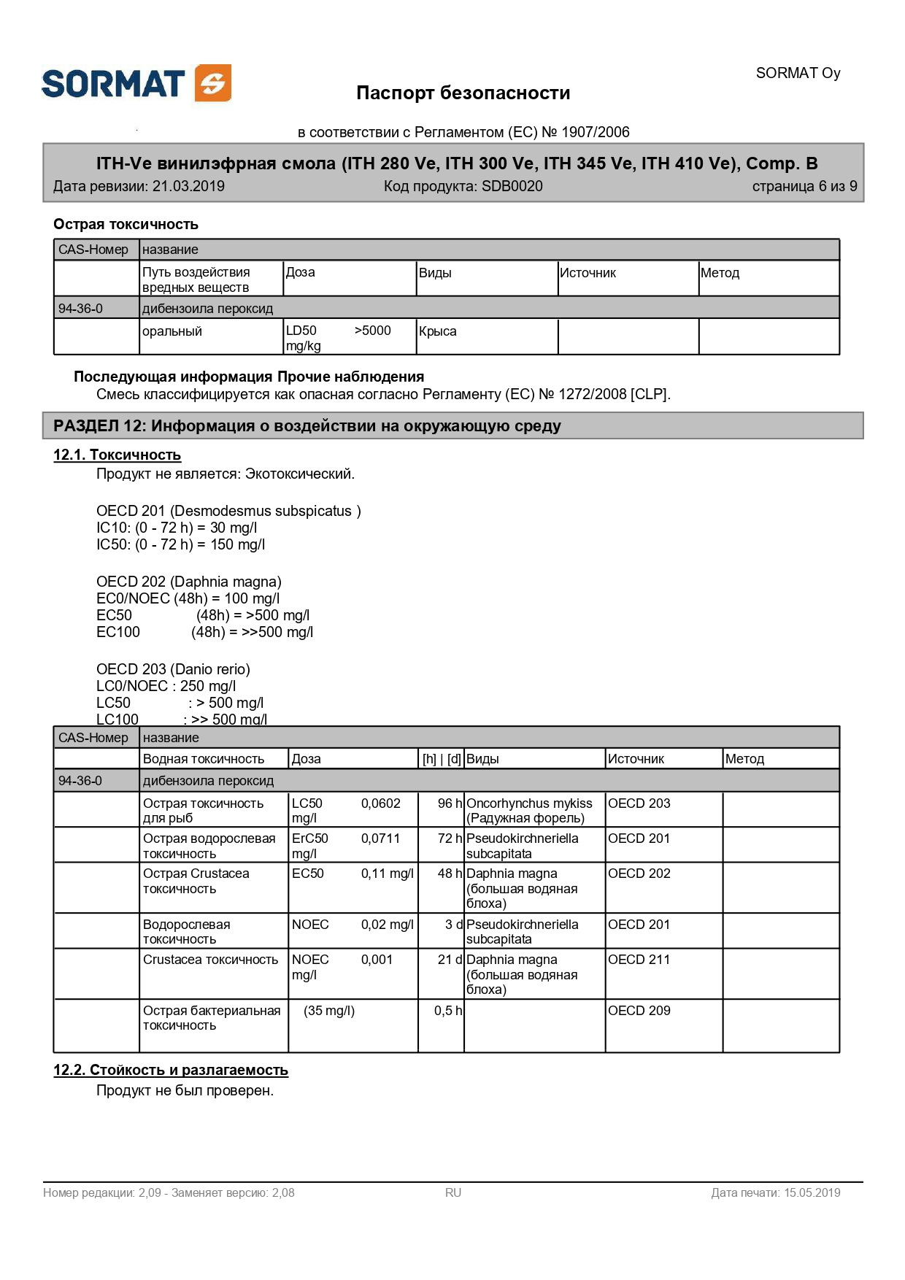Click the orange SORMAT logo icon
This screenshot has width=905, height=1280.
click(213, 83)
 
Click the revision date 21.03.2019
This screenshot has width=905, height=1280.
click(188, 186)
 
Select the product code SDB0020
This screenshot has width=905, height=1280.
click(512, 186)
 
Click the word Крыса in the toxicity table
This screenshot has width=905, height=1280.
click(437, 331)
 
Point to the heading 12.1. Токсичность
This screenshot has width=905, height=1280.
click(117, 455)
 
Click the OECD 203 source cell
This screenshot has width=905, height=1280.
click(639, 803)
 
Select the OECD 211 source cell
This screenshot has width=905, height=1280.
click(639, 960)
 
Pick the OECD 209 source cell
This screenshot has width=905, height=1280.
click(639, 1011)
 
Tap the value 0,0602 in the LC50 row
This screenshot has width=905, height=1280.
click(380, 803)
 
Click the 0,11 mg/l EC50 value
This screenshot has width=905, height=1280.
click(387, 874)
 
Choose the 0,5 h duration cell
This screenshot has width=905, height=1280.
click(447, 1011)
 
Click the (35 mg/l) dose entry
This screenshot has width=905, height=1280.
click(329, 1011)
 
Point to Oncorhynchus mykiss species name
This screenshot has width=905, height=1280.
click(529, 803)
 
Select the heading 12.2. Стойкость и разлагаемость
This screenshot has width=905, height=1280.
click(171, 1070)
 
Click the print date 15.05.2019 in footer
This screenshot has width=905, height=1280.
click(811, 1193)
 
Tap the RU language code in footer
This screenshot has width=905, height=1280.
click(453, 1193)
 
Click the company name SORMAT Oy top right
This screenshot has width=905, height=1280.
click(798, 73)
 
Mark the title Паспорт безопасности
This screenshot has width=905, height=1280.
click(463, 93)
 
